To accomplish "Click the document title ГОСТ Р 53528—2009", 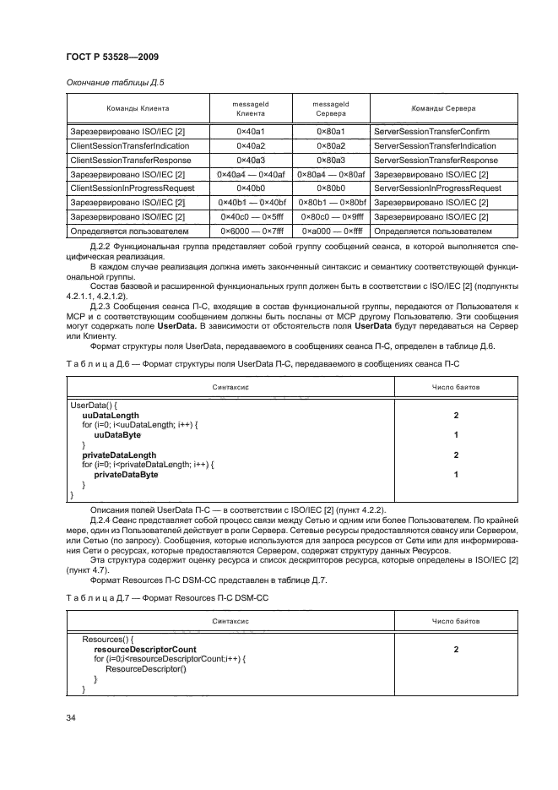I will [112, 57].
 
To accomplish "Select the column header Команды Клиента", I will [138, 108].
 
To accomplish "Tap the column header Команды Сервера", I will [442, 108].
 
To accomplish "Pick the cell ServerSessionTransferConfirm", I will [431, 132].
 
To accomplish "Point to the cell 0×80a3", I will [330, 160].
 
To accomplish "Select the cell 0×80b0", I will [330, 188].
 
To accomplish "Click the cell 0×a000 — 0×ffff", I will [330, 230].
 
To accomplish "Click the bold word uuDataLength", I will [111, 416].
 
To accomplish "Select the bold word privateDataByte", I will [126, 475].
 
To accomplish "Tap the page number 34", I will [71, 717].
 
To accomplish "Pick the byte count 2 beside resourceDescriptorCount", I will [456, 650].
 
